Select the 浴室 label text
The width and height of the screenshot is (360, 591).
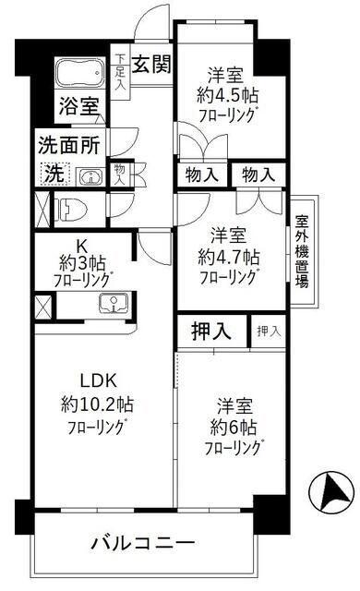click(78, 105)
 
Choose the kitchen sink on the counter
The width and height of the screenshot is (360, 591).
click(114, 303)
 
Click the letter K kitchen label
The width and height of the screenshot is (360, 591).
click(79, 246)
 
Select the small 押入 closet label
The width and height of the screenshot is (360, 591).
click(270, 331)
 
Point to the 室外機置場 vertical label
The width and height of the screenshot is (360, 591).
click(302, 252)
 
